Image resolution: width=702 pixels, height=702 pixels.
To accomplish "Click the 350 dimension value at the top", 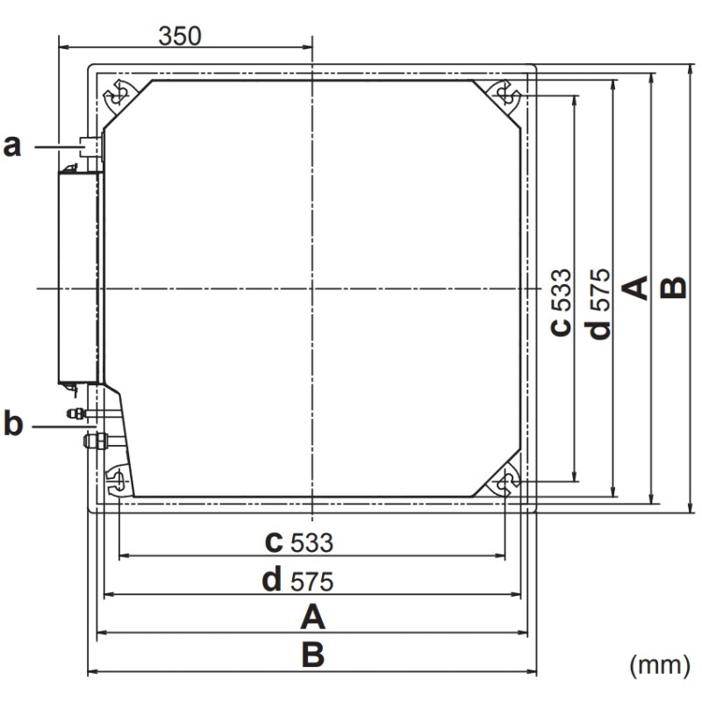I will [180, 35].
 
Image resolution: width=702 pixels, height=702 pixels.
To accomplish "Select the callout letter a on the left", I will [12, 146].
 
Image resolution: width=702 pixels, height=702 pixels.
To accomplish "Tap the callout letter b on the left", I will [12, 426].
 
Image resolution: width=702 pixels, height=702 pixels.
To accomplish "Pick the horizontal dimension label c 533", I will [300, 542].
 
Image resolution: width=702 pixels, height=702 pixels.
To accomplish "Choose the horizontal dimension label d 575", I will [300, 580].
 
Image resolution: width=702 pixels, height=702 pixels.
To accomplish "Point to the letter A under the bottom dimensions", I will [312, 619].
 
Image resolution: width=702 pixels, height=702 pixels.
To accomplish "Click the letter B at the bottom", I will [312, 655].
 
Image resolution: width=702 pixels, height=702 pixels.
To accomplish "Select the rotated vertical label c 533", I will [561, 301].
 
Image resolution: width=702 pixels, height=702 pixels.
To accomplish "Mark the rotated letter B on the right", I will [673, 288].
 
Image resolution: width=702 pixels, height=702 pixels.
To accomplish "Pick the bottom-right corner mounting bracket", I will [505, 482].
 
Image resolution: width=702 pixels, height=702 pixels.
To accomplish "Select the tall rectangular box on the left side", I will [79, 276].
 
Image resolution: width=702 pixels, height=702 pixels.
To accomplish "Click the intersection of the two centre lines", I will [312, 288].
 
